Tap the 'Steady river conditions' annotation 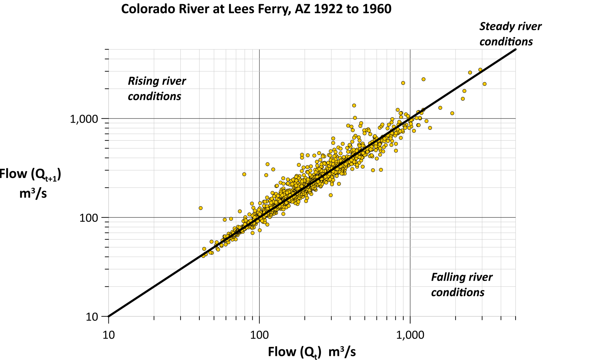510,34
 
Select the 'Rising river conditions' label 157,88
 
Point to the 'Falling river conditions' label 461,284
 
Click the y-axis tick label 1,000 84,119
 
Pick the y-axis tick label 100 89,218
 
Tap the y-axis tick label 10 92,317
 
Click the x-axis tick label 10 108,335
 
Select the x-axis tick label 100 259,335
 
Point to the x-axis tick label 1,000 410,335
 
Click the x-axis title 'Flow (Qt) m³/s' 311,352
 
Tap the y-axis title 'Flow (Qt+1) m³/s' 31,183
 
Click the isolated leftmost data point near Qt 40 201,208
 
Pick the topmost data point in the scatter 480,70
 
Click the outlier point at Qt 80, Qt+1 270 244,175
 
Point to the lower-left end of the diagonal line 109,316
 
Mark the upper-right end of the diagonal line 516,49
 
